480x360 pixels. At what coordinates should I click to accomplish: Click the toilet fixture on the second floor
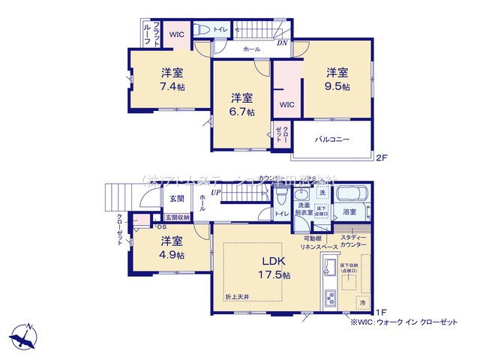tap(202, 31)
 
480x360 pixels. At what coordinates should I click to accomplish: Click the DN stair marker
tap(283, 43)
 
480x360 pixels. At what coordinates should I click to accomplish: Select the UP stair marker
tap(216, 193)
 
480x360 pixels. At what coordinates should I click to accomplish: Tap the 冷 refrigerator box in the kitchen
tap(362, 302)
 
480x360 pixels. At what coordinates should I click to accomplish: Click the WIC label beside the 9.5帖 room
tap(286, 104)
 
